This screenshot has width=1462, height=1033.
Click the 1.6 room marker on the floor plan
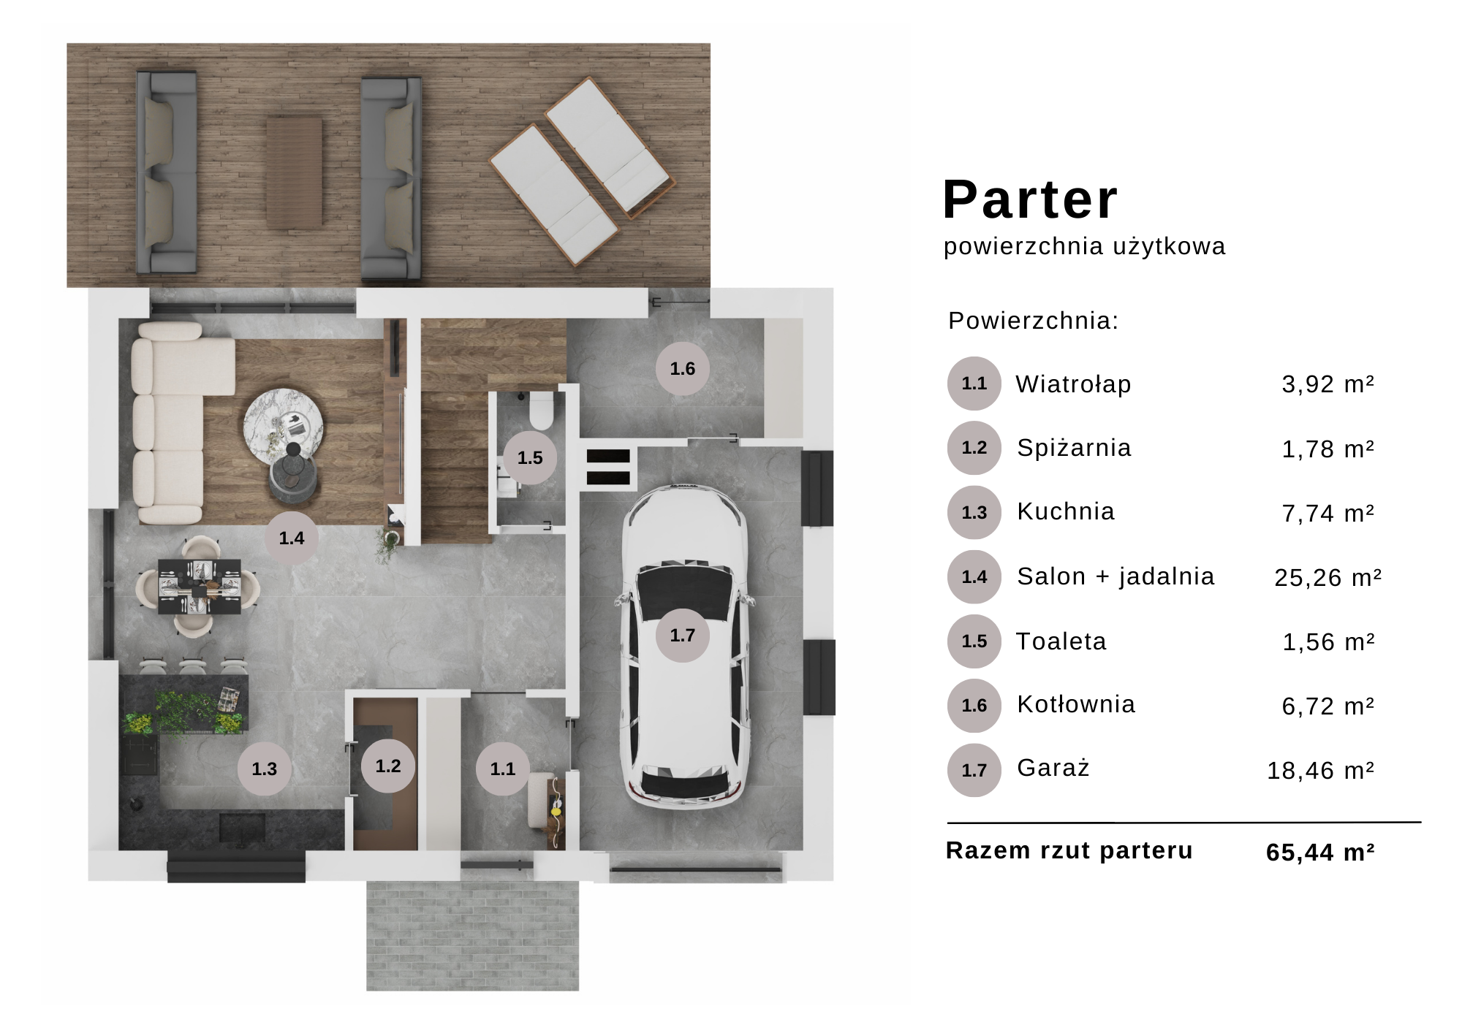pos(683,368)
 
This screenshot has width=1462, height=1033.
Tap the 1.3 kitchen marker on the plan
pos(264,769)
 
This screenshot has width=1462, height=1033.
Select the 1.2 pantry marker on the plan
pos(388,766)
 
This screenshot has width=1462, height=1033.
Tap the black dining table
pos(200,587)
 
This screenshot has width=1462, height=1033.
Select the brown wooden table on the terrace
pos(294,170)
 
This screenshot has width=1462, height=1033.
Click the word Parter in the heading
pos(1030,199)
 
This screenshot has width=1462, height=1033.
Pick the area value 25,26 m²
pos(1327,577)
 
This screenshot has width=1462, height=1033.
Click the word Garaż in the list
pos(1053,768)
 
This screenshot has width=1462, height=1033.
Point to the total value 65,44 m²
pos(1320,852)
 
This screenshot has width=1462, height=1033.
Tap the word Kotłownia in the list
pos(1076,704)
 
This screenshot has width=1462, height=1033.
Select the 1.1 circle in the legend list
pos(974,384)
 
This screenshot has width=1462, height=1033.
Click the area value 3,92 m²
pos(1327,384)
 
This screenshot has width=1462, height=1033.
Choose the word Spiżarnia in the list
pos(1074,448)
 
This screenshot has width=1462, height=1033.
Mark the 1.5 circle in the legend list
pos(974,641)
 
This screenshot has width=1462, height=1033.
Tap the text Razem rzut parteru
pos(1069,850)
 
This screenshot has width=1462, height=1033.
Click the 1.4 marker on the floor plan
pos(291,538)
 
